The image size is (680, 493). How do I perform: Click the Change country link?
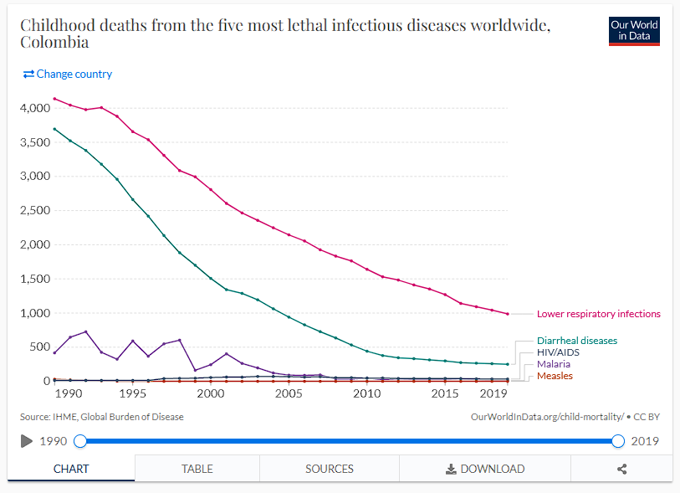[68, 74]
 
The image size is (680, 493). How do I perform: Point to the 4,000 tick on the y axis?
[34, 108]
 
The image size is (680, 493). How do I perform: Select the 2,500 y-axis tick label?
[34, 211]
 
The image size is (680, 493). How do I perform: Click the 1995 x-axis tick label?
[132, 393]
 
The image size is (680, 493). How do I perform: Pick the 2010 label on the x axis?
[366, 393]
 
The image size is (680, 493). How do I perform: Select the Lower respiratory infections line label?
[598, 314]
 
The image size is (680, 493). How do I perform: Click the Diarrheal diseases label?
[576, 341]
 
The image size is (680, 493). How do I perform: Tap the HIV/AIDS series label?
[558, 352]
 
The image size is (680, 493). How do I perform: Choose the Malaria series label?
[554, 364]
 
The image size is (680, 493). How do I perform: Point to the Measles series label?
[555, 376]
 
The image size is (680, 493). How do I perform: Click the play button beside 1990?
[26, 441]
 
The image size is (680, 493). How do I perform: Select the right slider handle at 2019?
[618, 441]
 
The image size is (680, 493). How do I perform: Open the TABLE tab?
[197, 469]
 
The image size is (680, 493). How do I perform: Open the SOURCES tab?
[330, 469]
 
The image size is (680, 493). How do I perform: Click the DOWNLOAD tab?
[485, 469]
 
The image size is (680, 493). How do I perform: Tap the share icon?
[621, 469]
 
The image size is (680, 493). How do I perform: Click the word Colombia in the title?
[54, 42]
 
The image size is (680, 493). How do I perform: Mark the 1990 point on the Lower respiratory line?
[54, 99]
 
